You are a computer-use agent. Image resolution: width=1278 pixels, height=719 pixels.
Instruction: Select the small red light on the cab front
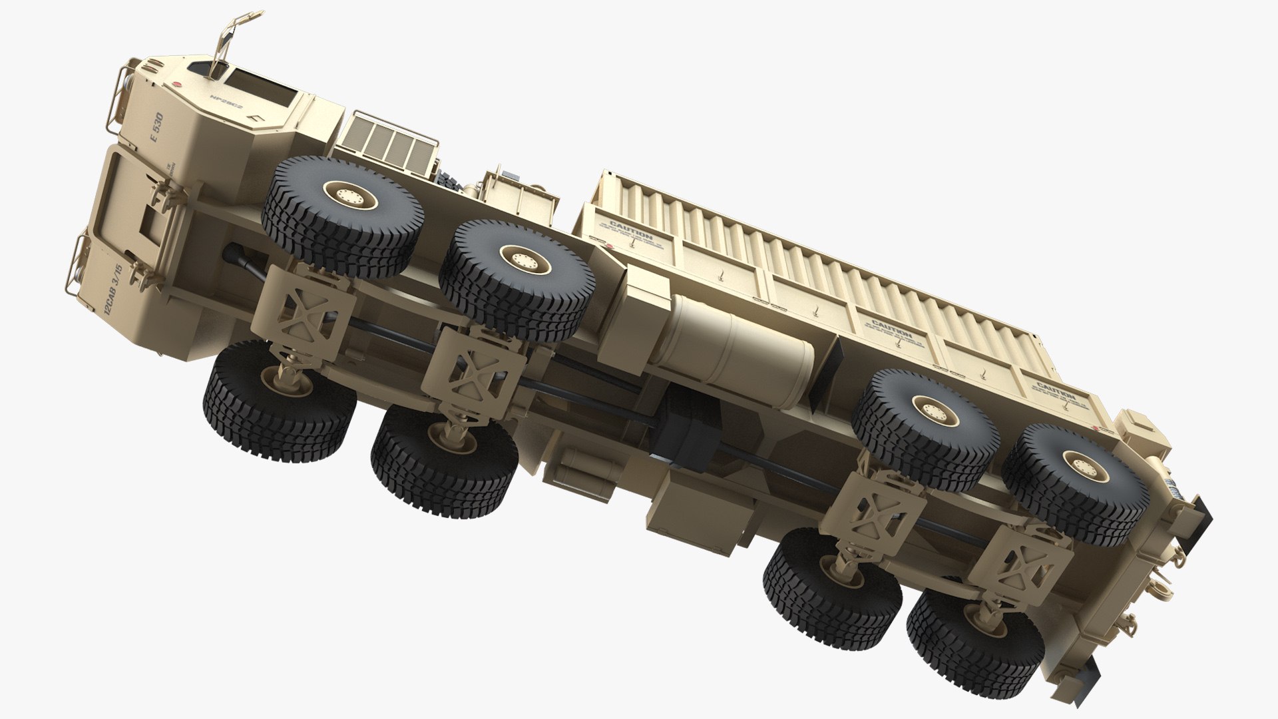tap(178, 85)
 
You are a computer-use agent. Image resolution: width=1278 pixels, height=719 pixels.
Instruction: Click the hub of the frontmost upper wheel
tap(348, 196)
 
